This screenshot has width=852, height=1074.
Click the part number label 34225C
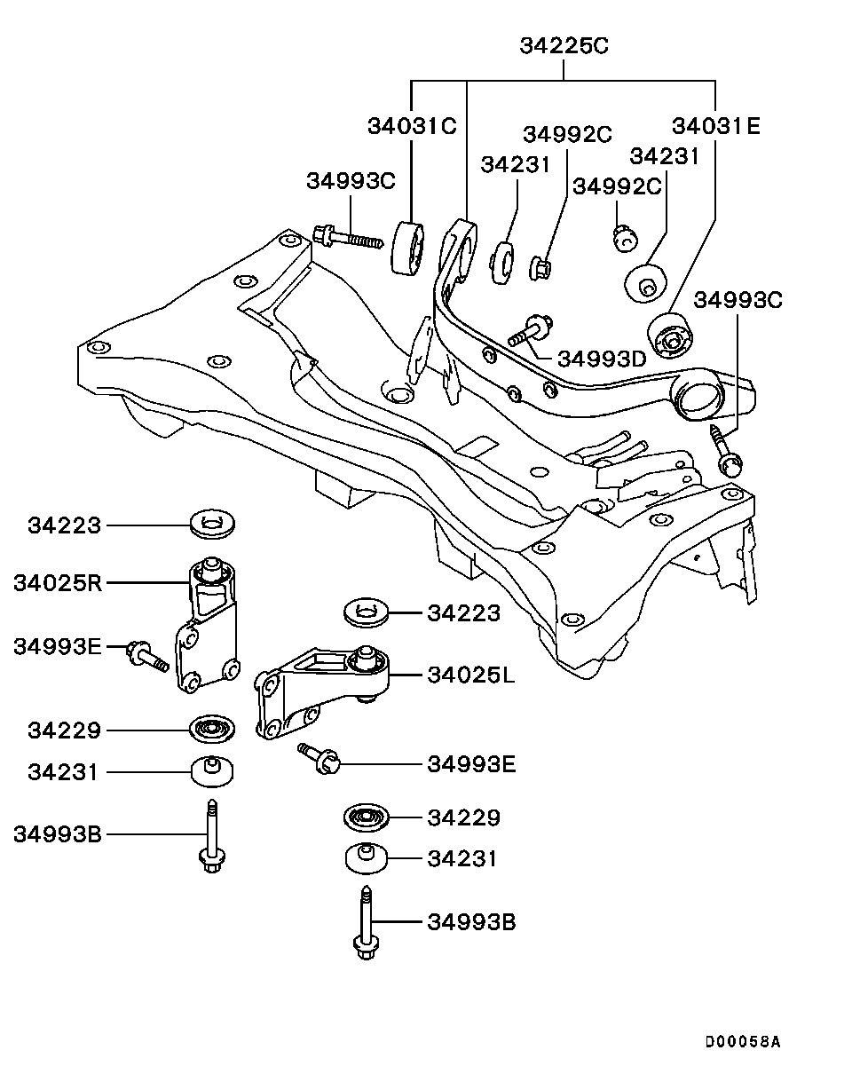(x=564, y=45)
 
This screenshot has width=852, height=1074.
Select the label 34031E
(x=716, y=125)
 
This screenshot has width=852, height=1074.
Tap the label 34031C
(x=412, y=125)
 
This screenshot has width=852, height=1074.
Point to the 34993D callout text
(x=603, y=359)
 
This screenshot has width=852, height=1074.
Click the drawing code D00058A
(x=743, y=1041)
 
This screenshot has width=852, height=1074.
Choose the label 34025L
(x=470, y=675)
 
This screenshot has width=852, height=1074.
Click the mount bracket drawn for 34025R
(x=208, y=635)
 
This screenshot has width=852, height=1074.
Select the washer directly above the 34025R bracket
(x=212, y=524)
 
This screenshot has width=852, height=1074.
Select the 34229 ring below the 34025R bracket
(x=212, y=730)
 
